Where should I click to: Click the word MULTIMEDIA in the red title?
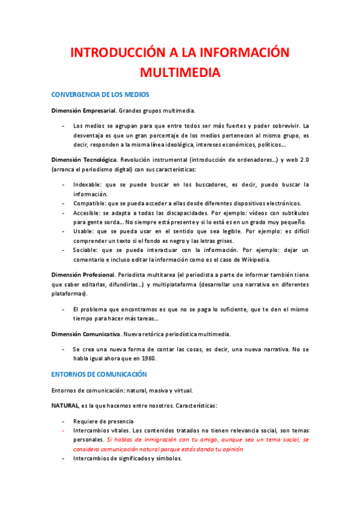(180, 73)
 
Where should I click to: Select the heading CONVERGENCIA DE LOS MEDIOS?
(100, 95)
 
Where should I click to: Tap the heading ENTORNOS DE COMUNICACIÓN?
(99, 374)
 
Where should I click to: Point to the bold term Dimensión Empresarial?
(83, 111)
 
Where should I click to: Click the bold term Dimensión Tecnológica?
(84, 160)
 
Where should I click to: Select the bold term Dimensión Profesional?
(82, 274)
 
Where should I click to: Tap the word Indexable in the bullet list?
(88, 184)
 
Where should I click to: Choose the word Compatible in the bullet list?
(90, 203)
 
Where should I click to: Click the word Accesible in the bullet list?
(88, 213)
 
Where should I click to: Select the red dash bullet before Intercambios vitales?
(63, 431)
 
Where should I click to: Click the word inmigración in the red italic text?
(150, 440)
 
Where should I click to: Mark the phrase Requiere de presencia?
(103, 421)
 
